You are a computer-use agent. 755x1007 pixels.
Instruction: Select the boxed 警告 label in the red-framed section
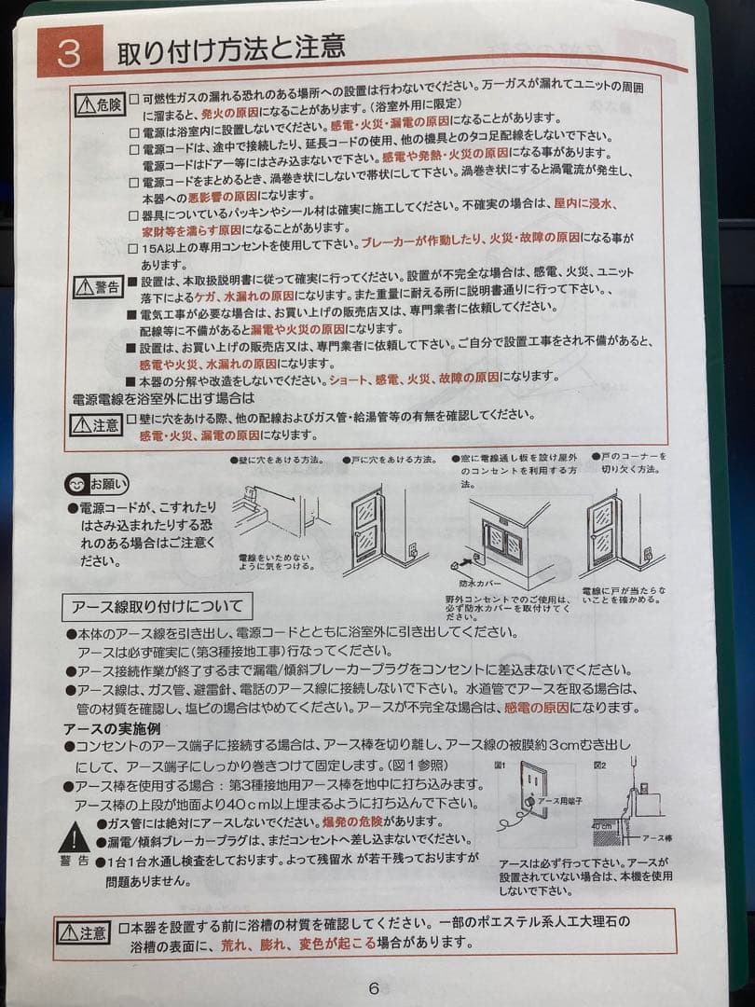click(x=98, y=286)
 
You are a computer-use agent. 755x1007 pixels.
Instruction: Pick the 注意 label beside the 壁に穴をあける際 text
click(x=96, y=425)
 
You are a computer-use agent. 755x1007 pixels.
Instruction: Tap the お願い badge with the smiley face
click(x=98, y=484)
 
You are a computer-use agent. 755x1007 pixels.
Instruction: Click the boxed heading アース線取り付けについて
click(x=158, y=607)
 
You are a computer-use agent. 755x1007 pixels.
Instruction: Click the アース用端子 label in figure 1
click(x=561, y=800)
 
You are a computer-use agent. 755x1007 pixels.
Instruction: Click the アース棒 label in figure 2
click(x=656, y=837)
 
